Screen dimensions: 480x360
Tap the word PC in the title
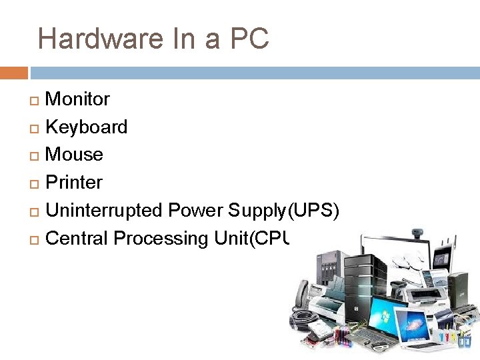tap(249, 39)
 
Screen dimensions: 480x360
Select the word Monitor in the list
tap(77, 99)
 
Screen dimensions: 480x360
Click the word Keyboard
tap(86, 127)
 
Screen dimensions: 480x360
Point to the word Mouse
tap(74, 155)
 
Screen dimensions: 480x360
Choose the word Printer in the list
tap(74, 183)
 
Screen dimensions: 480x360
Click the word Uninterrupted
tap(104, 211)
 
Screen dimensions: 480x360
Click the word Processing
tap(162, 238)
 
